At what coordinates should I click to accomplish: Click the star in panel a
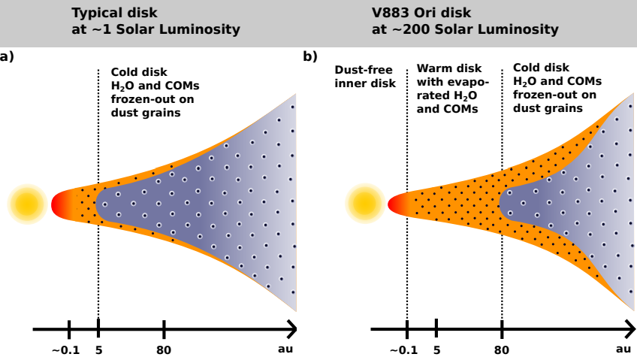pos(27,204)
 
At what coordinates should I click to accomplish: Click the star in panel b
pos(364,204)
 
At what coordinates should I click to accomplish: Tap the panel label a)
pos(7,56)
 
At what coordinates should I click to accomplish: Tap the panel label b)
pos(309,56)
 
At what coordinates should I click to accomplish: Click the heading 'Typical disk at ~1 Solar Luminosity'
pos(155,22)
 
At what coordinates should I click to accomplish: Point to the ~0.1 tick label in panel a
pos(66,349)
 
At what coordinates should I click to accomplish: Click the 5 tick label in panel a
pos(98,349)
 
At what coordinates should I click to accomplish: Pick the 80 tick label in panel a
pos(164,349)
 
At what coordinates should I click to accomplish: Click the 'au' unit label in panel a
pos(285,349)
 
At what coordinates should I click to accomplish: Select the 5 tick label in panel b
pos(436,349)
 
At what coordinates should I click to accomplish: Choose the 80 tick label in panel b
pos(502,349)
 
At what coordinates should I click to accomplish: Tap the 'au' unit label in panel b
pos(623,349)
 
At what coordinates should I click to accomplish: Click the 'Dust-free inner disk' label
pos(365,76)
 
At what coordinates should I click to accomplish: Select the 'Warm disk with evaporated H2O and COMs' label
pos(453,88)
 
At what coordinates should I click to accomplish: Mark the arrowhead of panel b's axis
pos(629,328)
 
